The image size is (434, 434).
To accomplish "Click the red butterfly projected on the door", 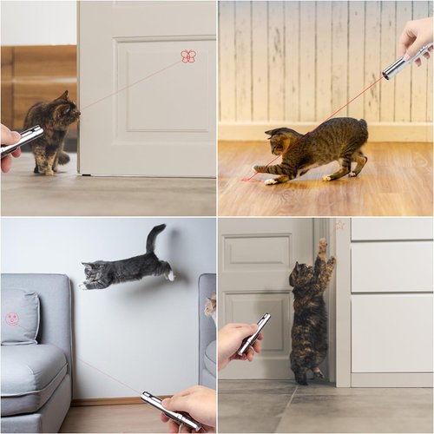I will click(x=187, y=56).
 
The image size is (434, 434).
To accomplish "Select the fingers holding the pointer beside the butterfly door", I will click(x=7, y=137).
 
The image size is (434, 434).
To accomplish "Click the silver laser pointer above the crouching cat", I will click(x=404, y=62).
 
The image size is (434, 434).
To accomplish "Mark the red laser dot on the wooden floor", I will click(x=248, y=179).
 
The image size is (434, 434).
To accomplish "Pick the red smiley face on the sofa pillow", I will click(x=13, y=319).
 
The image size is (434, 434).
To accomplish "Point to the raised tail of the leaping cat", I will click(x=155, y=238).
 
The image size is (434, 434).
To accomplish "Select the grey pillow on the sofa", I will click(x=19, y=317).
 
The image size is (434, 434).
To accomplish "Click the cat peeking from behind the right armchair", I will click(x=210, y=306).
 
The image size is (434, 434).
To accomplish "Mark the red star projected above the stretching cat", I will click(x=339, y=226).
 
